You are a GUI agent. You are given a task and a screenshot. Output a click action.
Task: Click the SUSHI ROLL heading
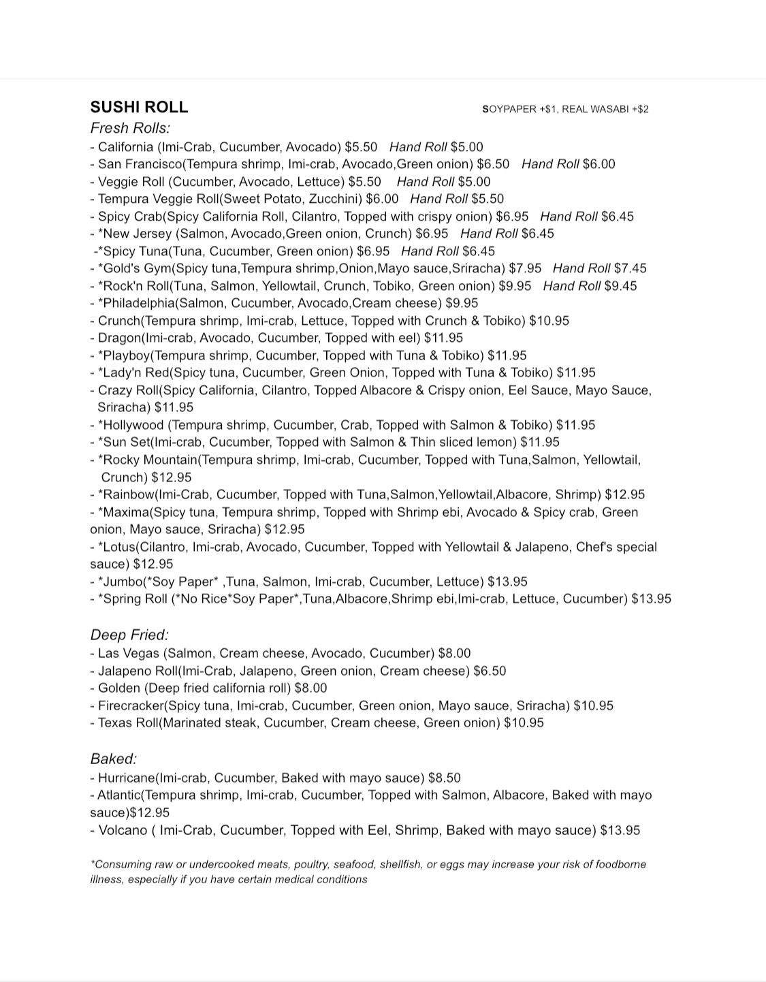(139, 107)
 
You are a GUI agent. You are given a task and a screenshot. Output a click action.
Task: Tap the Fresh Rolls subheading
(130, 128)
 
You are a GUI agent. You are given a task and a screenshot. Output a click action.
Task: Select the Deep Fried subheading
(129, 635)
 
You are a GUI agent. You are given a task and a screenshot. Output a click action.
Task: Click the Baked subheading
(114, 759)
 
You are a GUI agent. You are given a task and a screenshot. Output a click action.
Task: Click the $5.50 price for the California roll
(361, 147)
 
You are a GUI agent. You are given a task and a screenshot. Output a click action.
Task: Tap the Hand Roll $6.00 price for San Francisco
(568, 164)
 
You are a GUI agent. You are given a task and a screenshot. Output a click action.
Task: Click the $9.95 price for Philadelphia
(462, 303)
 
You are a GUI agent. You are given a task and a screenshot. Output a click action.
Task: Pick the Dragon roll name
(118, 338)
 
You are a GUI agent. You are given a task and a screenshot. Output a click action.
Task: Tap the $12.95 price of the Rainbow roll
(625, 494)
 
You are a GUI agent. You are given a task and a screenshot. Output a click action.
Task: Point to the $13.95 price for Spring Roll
(651, 599)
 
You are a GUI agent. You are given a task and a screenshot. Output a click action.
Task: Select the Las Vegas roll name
(128, 653)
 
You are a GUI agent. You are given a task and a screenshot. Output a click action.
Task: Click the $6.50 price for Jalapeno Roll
(490, 671)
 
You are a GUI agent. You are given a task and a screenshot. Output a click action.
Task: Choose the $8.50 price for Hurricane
(445, 778)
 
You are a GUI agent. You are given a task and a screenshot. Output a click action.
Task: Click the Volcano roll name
(123, 830)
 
